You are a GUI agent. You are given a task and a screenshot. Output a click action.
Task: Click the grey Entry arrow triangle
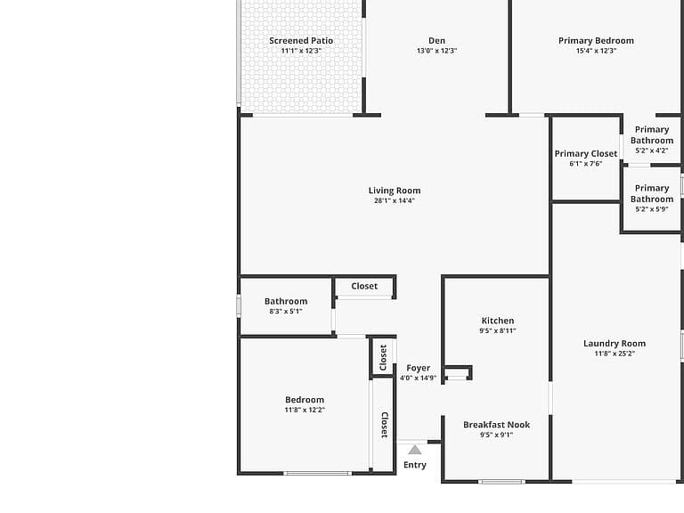click(415, 450)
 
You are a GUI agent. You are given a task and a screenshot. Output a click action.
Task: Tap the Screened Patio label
click(301, 41)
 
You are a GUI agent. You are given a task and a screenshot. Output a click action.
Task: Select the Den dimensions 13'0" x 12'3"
click(436, 51)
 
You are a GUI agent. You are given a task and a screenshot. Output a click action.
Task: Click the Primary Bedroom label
click(596, 41)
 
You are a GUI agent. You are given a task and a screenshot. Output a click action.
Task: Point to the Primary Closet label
click(586, 153)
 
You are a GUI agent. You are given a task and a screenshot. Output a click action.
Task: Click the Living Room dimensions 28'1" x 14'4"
click(395, 200)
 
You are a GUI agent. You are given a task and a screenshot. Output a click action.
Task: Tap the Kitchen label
click(498, 321)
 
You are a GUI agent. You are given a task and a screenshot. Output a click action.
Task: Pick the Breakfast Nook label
click(496, 425)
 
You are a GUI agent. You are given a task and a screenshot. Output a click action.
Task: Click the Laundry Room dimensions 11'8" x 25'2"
click(615, 354)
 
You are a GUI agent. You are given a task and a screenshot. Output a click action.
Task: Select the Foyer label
click(418, 368)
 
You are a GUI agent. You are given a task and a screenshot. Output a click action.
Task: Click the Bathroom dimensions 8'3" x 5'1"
click(286, 312)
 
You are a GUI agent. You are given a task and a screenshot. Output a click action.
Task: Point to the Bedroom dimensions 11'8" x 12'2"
click(305, 410)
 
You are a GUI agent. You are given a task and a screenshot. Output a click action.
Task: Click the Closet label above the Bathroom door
click(364, 286)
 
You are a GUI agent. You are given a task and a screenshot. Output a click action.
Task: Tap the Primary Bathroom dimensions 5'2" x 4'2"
click(652, 151)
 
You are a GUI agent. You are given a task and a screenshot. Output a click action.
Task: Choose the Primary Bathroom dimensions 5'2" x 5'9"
click(652, 209)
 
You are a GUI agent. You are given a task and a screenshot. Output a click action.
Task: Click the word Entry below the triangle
click(414, 465)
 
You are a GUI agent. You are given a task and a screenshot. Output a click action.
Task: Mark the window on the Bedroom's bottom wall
click(318, 473)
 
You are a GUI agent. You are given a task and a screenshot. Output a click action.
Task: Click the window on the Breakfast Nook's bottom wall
click(501, 482)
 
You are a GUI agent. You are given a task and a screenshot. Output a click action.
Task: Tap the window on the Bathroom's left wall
click(239, 305)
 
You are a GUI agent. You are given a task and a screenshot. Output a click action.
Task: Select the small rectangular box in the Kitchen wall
click(457, 374)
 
